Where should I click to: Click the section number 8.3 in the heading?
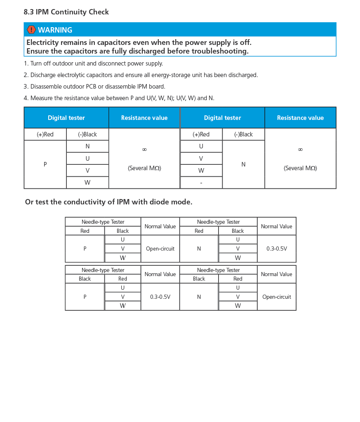pyautogui.click(x=29, y=12)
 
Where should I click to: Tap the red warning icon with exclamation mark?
pyautogui.click(x=31, y=30)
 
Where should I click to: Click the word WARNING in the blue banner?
pyautogui.click(x=55, y=30)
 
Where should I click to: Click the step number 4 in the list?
pyautogui.click(x=26, y=98)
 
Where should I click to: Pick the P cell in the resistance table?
pyautogui.click(x=45, y=164)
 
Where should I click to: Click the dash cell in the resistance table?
pyautogui.click(x=201, y=183)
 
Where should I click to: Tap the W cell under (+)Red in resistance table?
pyautogui.click(x=201, y=171)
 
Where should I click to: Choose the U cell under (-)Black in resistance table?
pyautogui.click(x=87, y=159)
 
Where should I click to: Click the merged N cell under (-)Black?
pyautogui.click(x=243, y=164)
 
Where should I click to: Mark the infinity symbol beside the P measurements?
pyautogui.click(x=144, y=150)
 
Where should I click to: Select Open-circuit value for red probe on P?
pyautogui.click(x=160, y=249)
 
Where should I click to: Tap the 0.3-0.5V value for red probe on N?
pyautogui.click(x=276, y=249)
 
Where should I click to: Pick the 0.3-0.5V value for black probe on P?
pyautogui.click(x=160, y=297)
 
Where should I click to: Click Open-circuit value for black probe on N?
pyautogui.click(x=276, y=297)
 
